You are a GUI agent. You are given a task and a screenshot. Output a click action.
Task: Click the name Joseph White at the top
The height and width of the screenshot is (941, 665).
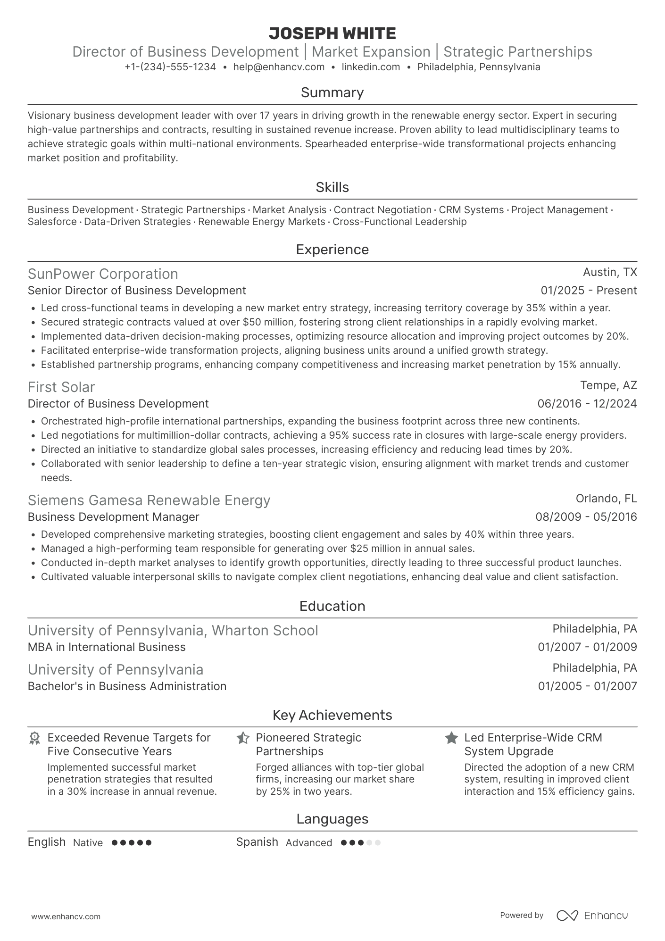pos(332,33)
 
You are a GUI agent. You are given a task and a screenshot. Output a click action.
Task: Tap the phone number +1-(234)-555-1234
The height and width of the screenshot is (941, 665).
pos(170,67)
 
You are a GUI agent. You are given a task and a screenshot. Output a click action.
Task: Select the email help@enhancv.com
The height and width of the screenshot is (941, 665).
pos(279,67)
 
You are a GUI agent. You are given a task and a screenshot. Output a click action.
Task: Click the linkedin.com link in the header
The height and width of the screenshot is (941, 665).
pos(371,67)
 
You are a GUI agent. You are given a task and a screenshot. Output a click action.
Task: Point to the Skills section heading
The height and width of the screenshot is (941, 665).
pos(332,187)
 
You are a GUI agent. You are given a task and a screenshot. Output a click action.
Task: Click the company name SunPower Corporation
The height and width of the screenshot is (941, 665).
pos(103,274)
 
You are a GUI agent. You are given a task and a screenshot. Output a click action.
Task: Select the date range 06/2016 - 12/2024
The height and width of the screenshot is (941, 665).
pos(587,404)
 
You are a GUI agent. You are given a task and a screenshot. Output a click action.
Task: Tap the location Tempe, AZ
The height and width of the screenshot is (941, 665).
pos(608,385)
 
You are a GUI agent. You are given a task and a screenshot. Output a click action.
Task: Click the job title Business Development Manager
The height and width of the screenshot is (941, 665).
pos(114,517)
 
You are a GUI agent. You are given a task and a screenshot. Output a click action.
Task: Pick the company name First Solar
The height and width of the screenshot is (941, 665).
pos(61,387)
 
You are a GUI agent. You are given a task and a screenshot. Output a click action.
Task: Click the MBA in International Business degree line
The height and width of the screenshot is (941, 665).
pos(107,647)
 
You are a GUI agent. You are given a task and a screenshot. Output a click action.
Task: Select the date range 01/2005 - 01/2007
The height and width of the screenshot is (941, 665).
pos(587,686)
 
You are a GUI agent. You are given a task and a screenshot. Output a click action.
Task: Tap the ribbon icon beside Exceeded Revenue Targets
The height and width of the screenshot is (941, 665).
pos(34,738)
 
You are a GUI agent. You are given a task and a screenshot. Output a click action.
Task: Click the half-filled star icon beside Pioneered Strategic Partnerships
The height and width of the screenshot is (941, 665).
pos(243,738)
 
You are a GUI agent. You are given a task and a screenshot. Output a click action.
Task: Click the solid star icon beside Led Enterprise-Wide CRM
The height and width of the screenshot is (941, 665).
pos(451,738)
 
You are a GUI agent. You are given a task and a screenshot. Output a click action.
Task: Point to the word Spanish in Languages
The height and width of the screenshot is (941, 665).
pos(257,842)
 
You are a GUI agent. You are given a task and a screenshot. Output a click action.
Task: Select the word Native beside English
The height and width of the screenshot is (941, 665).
pos(88,843)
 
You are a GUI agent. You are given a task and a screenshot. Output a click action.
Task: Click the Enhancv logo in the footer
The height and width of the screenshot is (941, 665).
pos(592,916)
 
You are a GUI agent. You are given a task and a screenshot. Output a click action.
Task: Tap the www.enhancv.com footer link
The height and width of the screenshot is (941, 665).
pos(66,917)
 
